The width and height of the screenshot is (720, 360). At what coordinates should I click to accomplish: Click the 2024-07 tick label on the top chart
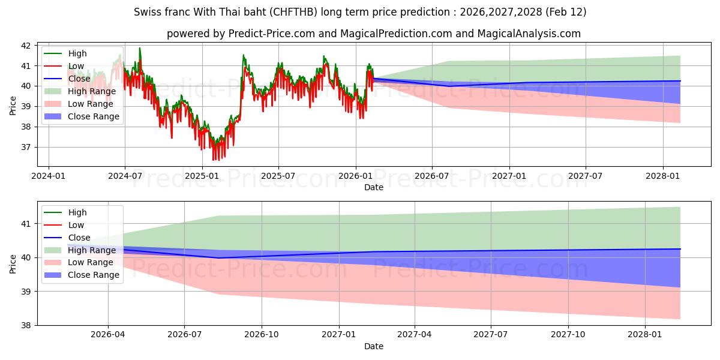(125, 176)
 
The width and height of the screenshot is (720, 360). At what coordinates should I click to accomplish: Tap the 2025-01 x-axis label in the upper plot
(202, 176)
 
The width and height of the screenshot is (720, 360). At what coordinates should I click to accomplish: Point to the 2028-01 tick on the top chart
(663, 176)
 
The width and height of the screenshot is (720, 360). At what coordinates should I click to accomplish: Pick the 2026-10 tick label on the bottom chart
(262, 335)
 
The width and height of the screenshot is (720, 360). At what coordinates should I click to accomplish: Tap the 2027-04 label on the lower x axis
(415, 335)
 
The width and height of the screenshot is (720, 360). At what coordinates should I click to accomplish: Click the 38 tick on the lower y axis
(28, 325)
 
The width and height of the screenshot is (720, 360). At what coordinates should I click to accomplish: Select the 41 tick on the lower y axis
(28, 224)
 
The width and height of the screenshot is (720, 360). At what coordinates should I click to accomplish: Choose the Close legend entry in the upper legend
(79, 79)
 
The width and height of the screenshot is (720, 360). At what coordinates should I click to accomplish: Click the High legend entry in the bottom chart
(77, 212)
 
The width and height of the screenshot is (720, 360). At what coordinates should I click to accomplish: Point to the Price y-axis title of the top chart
(13, 105)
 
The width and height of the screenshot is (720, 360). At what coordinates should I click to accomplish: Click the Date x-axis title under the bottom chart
(373, 346)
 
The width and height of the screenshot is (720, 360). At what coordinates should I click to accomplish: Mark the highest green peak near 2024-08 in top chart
(140, 48)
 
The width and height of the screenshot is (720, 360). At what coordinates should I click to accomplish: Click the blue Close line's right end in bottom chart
(680, 249)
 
